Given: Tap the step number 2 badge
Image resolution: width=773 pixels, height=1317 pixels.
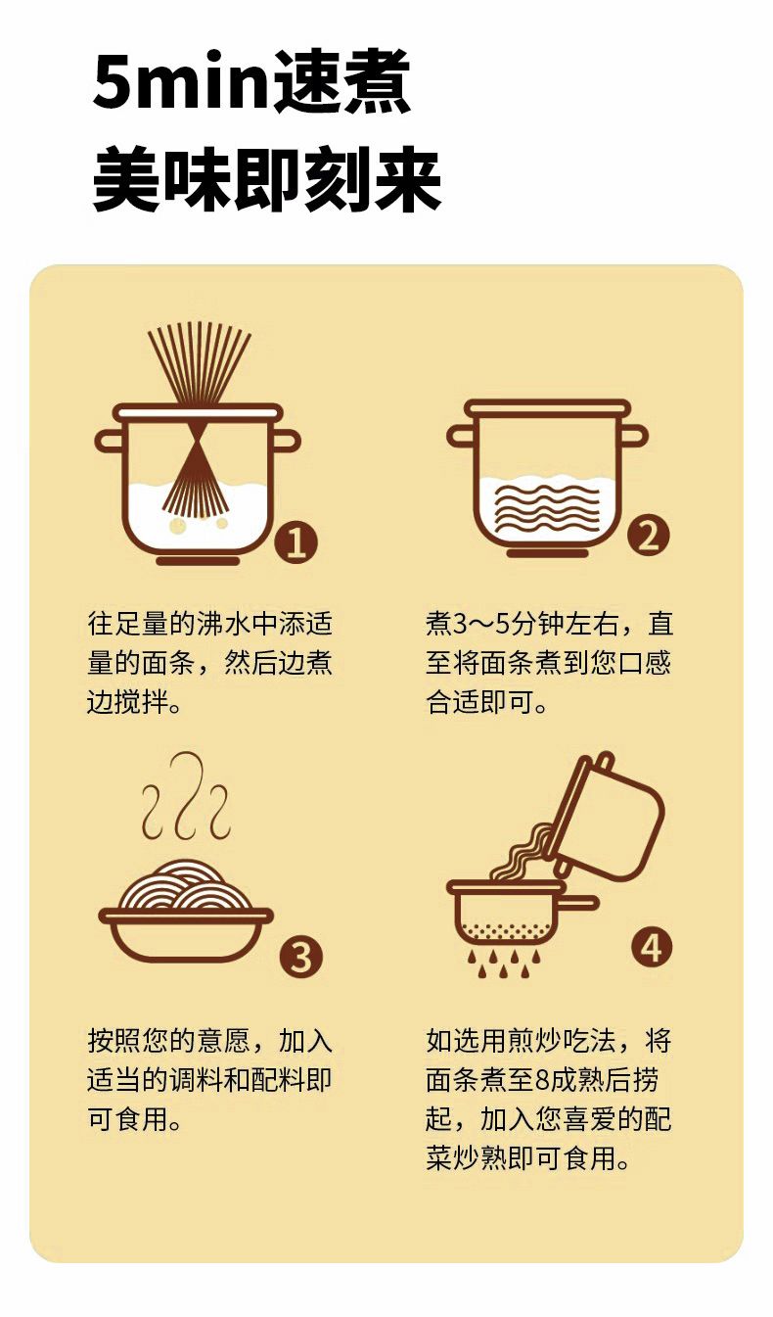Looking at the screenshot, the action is [x=648, y=536].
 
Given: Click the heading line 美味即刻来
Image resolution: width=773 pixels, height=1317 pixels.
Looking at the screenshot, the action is [x=267, y=180].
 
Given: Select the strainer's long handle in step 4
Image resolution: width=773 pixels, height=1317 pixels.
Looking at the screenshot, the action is [x=578, y=903].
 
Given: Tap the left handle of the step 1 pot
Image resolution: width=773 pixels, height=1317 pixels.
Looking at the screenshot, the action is [x=111, y=441].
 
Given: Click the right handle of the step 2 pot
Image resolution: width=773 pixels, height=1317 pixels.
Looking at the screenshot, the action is [x=633, y=436].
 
